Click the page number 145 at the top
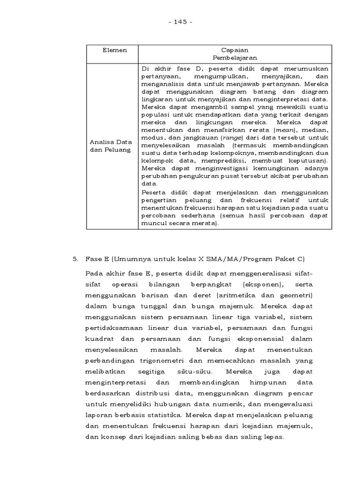pyautogui.click(x=180, y=22)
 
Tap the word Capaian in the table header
pyautogui.click(x=235, y=50)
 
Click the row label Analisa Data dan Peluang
pyautogui.click(x=111, y=145)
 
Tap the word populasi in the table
pyautogui.click(x=153, y=114)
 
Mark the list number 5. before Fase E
pyautogui.click(x=75, y=258)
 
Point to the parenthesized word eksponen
pyautogui.click(x=263, y=285)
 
